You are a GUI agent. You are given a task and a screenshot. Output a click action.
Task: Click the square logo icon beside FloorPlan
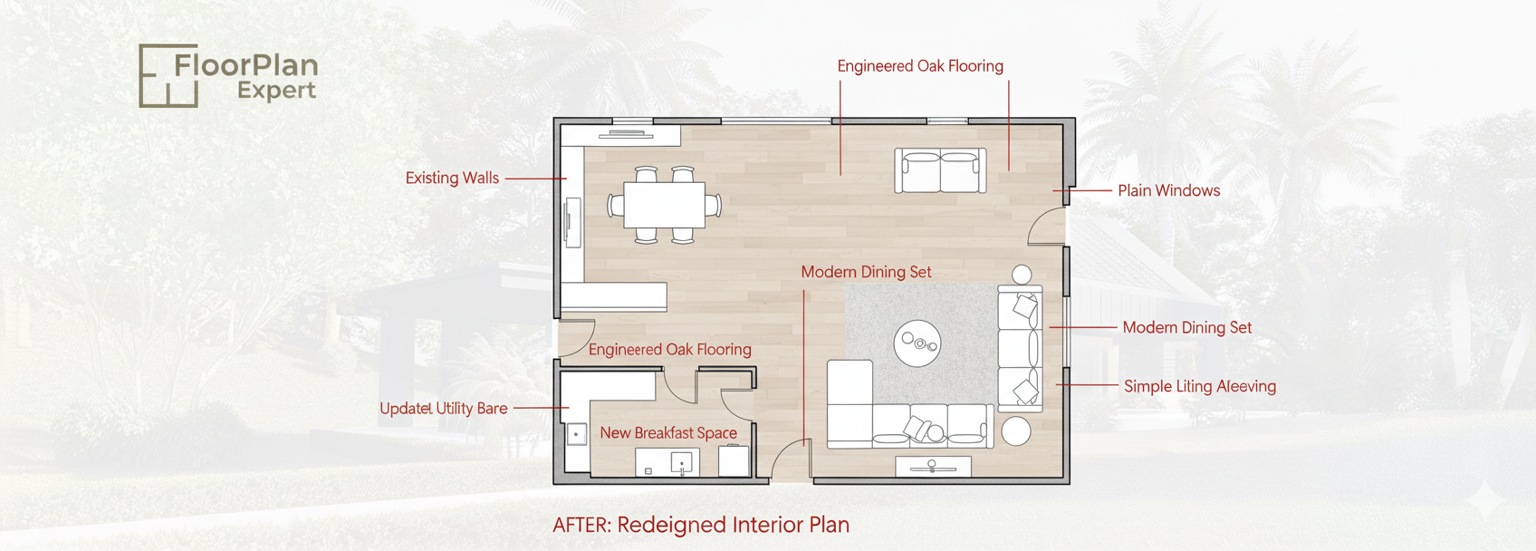tap(168, 75)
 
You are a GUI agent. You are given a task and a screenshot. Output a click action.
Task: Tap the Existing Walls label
tap(452, 178)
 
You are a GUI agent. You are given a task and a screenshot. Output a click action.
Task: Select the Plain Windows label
tap(1169, 190)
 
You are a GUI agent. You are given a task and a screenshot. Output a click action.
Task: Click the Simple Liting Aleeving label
tap(1200, 386)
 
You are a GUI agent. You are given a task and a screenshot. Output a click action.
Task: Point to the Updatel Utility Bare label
tap(444, 409)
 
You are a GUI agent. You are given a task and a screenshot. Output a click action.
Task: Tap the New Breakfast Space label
tap(668, 433)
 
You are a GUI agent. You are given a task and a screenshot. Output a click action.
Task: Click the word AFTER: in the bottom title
tap(581, 525)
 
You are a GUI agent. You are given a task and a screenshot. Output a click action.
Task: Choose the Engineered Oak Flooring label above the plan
tap(920, 66)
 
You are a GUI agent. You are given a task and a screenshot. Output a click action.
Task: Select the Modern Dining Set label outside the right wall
tap(1187, 328)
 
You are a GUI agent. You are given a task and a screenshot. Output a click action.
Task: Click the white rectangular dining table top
tap(665, 205)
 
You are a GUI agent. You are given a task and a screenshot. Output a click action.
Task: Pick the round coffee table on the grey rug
tap(917, 343)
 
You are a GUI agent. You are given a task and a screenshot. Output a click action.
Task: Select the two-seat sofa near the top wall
tap(941, 170)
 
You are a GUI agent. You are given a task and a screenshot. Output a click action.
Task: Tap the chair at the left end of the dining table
tap(615, 205)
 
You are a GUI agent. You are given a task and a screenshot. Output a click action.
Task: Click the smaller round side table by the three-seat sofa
tap(1022, 275)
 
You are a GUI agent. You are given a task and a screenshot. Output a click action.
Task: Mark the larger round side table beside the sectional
tap(1016, 430)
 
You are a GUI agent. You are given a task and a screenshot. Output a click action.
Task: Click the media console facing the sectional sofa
tap(933, 467)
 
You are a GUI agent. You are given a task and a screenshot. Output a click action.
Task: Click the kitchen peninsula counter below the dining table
tap(614, 296)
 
